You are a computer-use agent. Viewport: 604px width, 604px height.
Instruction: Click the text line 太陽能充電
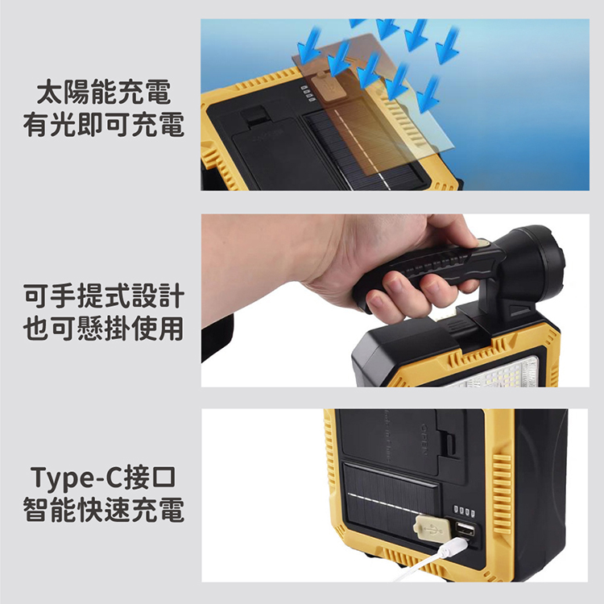tap(104, 93)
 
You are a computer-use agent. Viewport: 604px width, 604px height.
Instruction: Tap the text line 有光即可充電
tap(104, 126)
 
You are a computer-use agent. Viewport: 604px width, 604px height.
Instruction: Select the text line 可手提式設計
tap(104, 296)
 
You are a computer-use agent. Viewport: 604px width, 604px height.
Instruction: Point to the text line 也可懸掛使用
tap(104, 329)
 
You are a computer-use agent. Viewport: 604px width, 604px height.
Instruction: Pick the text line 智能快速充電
tap(104, 511)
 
